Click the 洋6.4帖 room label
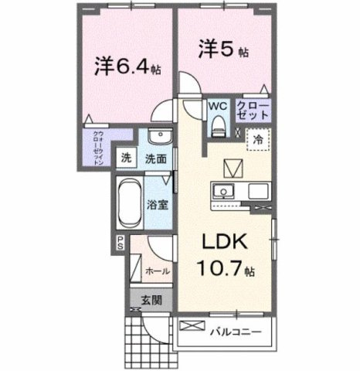point(127,67)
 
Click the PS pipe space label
point(121,242)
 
